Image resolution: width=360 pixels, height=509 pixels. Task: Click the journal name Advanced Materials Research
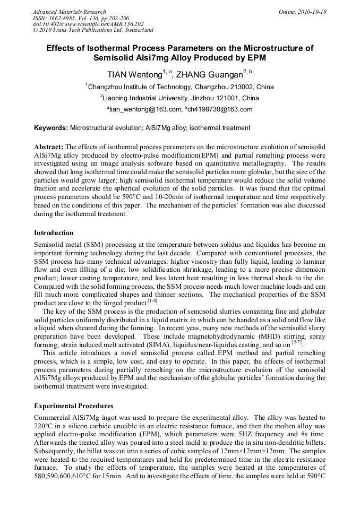[x=69, y=12]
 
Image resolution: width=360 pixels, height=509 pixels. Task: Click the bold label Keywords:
[x=51, y=128]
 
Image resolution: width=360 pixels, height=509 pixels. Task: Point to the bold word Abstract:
[x=49, y=146]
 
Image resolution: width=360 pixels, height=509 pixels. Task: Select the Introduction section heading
[x=54, y=232]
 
